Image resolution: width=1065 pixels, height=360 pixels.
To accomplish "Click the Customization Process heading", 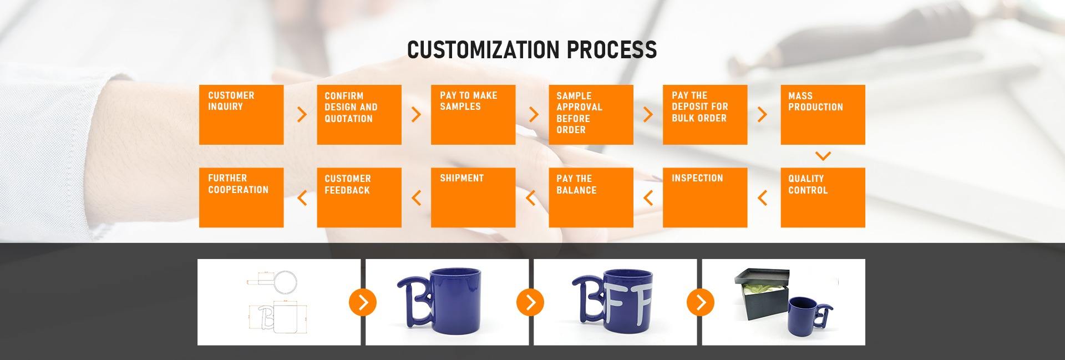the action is pyautogui.click(x=532, y=49).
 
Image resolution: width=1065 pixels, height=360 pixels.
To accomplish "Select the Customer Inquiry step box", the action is pyautogui.click(x=241, y=115).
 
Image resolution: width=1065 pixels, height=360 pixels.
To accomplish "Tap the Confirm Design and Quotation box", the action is pyautogui.click(x=359, y=115).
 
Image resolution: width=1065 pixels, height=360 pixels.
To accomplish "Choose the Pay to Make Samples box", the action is pyautogui.click(x=473, y=115).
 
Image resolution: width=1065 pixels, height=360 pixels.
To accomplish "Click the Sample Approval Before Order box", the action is pyautogui.click(x=591, y=115).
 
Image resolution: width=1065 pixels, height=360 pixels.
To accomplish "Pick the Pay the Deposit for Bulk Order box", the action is pyautogui.click(x=705, y=115).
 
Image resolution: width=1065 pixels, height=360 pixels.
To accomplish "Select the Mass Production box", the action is pyautogui.click(x=823, y=115).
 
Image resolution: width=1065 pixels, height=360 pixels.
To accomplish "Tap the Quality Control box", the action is pyautogui.click(x=823, y=197).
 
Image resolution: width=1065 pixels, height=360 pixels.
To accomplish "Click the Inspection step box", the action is pyautogui.click(x=705, y=197).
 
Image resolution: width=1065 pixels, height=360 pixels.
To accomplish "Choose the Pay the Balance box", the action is pyautogui.click(x=591, y=197).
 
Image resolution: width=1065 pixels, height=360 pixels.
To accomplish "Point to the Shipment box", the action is pyautogui.click(x=473, y=197).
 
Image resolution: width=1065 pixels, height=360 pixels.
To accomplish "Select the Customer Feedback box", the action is pyautogui.click(x=359, y=197).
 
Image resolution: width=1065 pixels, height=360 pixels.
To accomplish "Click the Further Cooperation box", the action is pyautogui.click(x=241, y=197).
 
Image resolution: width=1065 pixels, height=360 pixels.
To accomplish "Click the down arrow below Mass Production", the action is pyautogui.click(x=823, y=156).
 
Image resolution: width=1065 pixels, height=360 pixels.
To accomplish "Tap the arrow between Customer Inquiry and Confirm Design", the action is pyautogui.click(x=302, y=114).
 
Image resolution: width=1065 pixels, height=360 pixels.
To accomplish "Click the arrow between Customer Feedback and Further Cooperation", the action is pyautogui.click(x=302, y=197).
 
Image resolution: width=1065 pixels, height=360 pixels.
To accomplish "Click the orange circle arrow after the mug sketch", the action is pyautogui.click(x=363, y=302).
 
